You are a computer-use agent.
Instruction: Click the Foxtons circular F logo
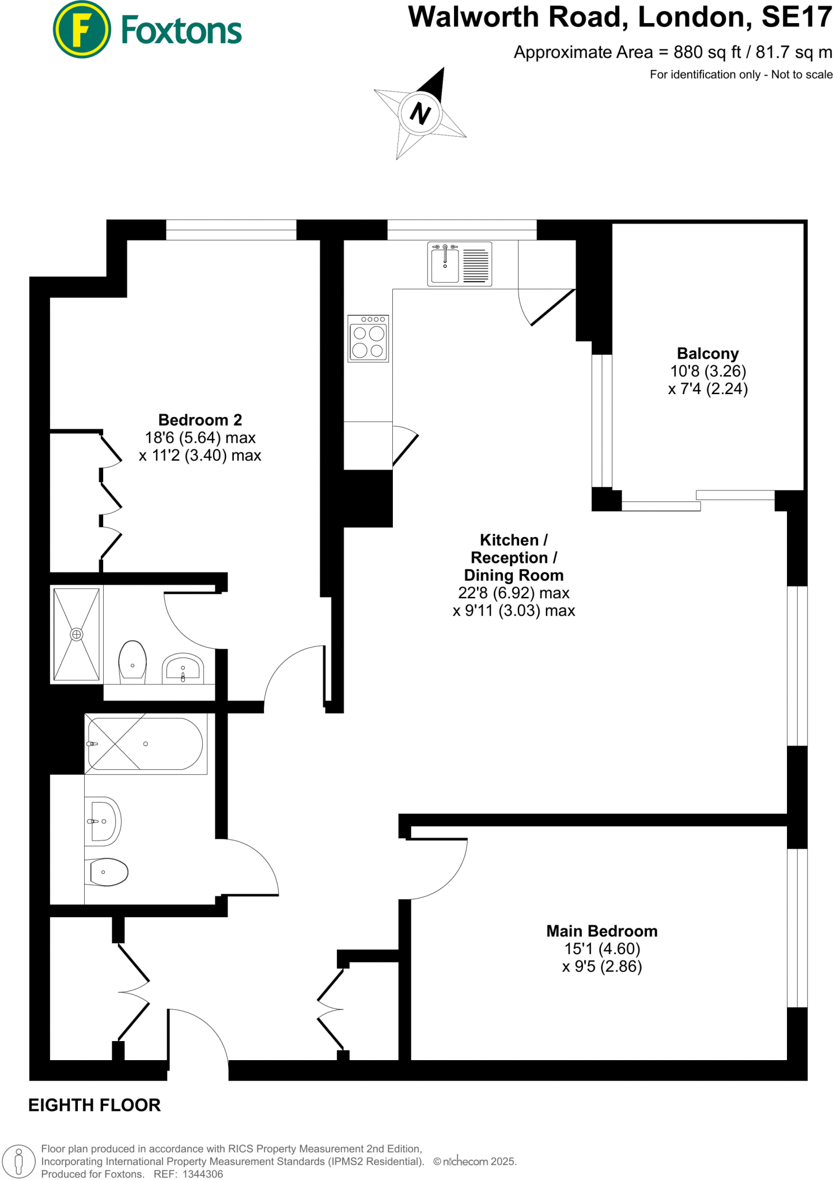pyautogui.click(x=81, y=29)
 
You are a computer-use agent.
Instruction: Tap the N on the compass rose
pyautogui.click(x=421, y=113)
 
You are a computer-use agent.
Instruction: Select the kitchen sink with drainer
pyautogui.click(x=459, y=264)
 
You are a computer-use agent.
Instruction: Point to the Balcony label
pyautogui.click(x=707, y=353)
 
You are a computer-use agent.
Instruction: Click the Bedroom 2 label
pyautogui.click(x=200, y=419)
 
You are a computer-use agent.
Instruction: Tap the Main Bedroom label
pyautogui.click(x=601, y=931)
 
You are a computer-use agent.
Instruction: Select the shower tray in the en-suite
pyautogui.click(x=77, y=634)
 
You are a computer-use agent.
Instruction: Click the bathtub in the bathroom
pyautogui.click(x=146, y=743)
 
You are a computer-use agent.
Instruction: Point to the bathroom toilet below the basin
pyautogui.click(x=107, y=872)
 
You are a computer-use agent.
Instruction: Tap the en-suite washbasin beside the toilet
pyautogui.click(x=183, y=669)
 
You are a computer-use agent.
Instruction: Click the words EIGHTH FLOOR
pyautogui.click(x=94, y=1105)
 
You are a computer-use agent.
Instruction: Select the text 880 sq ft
pyautogui.click(x=707, y=52)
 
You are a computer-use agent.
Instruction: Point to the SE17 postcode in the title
pyautogui.click(x=797, y=17)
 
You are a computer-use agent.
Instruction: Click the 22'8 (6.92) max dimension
pyautogui.click(x=513, y=593)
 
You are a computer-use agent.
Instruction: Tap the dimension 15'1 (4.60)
pyautogui.click(x=601, y=949)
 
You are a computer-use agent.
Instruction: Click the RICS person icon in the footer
pyautogui.click(x=19, y=1161)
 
